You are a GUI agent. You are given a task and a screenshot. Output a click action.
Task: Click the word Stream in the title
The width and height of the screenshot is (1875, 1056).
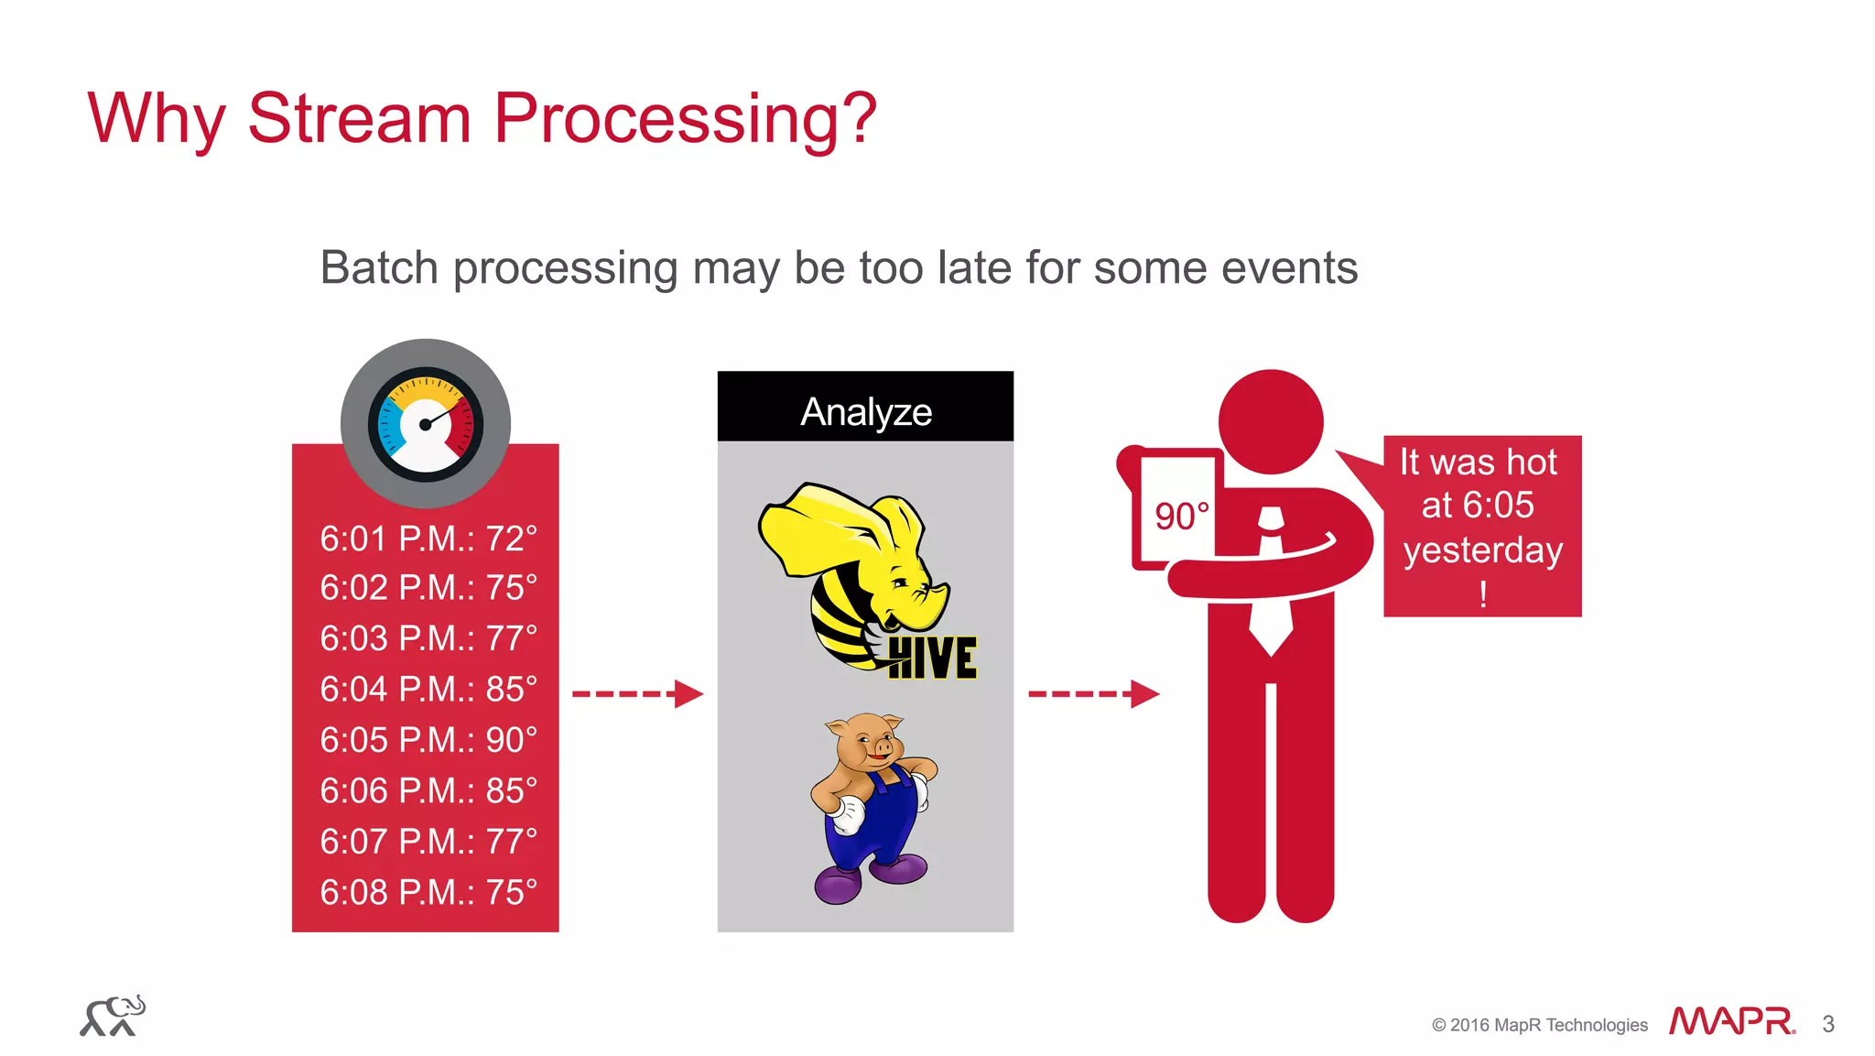coord(359,118)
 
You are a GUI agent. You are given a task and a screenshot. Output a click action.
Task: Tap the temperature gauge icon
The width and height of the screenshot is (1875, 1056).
coord(426,424)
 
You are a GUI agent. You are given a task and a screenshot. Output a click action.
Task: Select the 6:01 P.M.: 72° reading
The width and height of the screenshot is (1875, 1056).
coord(428,539)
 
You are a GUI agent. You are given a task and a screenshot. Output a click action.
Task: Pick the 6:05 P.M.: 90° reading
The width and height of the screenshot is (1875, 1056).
coord(428,740)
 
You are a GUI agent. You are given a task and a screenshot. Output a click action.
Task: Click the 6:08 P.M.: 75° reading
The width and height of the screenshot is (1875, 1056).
coord(428,892)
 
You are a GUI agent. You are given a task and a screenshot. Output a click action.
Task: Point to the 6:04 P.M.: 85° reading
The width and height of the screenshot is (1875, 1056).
coord(428,689)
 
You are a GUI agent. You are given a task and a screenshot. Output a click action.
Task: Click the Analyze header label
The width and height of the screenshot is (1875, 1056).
coord(866,411)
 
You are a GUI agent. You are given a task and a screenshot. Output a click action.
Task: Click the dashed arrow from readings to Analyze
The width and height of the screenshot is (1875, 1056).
coord(637,694)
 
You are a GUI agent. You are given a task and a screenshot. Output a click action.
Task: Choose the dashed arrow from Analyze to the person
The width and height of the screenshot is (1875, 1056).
coord(1093,694)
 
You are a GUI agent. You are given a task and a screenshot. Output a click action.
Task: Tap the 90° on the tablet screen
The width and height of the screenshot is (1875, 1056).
coord(1181,517)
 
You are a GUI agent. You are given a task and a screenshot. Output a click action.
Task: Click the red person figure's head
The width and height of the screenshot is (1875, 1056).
coord(1271,422)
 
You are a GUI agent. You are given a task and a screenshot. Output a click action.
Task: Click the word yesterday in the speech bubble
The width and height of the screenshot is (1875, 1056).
coord(1482,550)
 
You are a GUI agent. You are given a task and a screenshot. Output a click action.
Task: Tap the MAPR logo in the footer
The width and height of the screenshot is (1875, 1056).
coord(1731,1021)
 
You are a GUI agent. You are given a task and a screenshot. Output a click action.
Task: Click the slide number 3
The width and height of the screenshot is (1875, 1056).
coord(1828,1024)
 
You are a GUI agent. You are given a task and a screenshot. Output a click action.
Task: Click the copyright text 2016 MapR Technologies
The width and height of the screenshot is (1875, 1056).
coord(1548,1025)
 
